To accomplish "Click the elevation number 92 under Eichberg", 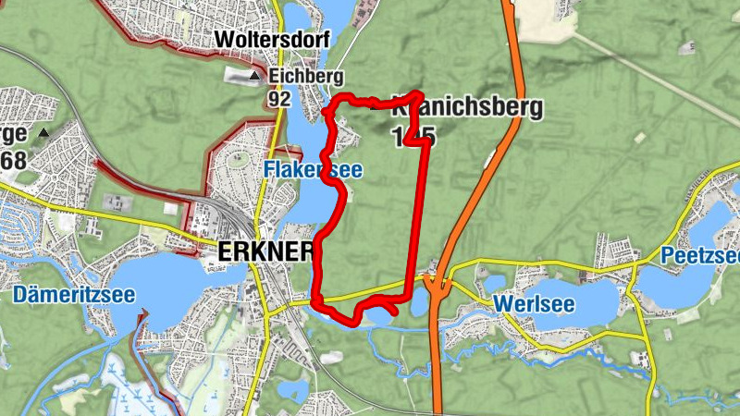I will tap(279, 97).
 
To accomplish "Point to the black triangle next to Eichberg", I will tap(255, 75).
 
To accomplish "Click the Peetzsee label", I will tap(700, 254).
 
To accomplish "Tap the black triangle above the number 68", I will tap(43, 134).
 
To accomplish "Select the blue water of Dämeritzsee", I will tap(176, 277).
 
